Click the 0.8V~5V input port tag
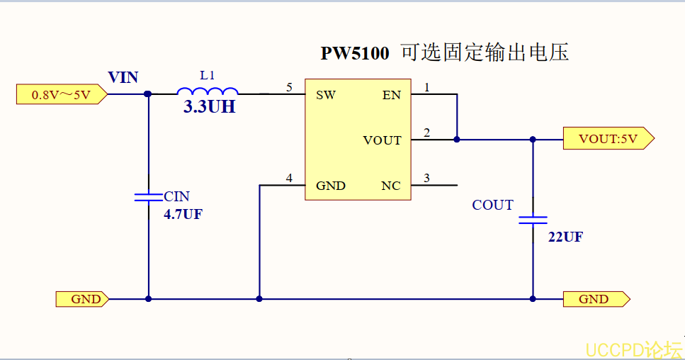pos(61,94)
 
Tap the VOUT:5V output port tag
pos(608,139)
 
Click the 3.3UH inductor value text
pos(210,108)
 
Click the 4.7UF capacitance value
pos(183,214)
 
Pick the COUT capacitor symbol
pos(533,220)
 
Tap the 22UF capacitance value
pos(565,237)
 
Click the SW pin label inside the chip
pos(326,95)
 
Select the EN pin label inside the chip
pos(391,95)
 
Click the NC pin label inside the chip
pos(390,186)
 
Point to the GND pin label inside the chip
pos(331,186)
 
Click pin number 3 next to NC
pos(426,178)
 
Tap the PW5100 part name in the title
pos(355,54)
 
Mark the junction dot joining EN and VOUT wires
pos(457,140)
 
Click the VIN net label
pos(123,77)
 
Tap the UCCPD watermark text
pos(633,349)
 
